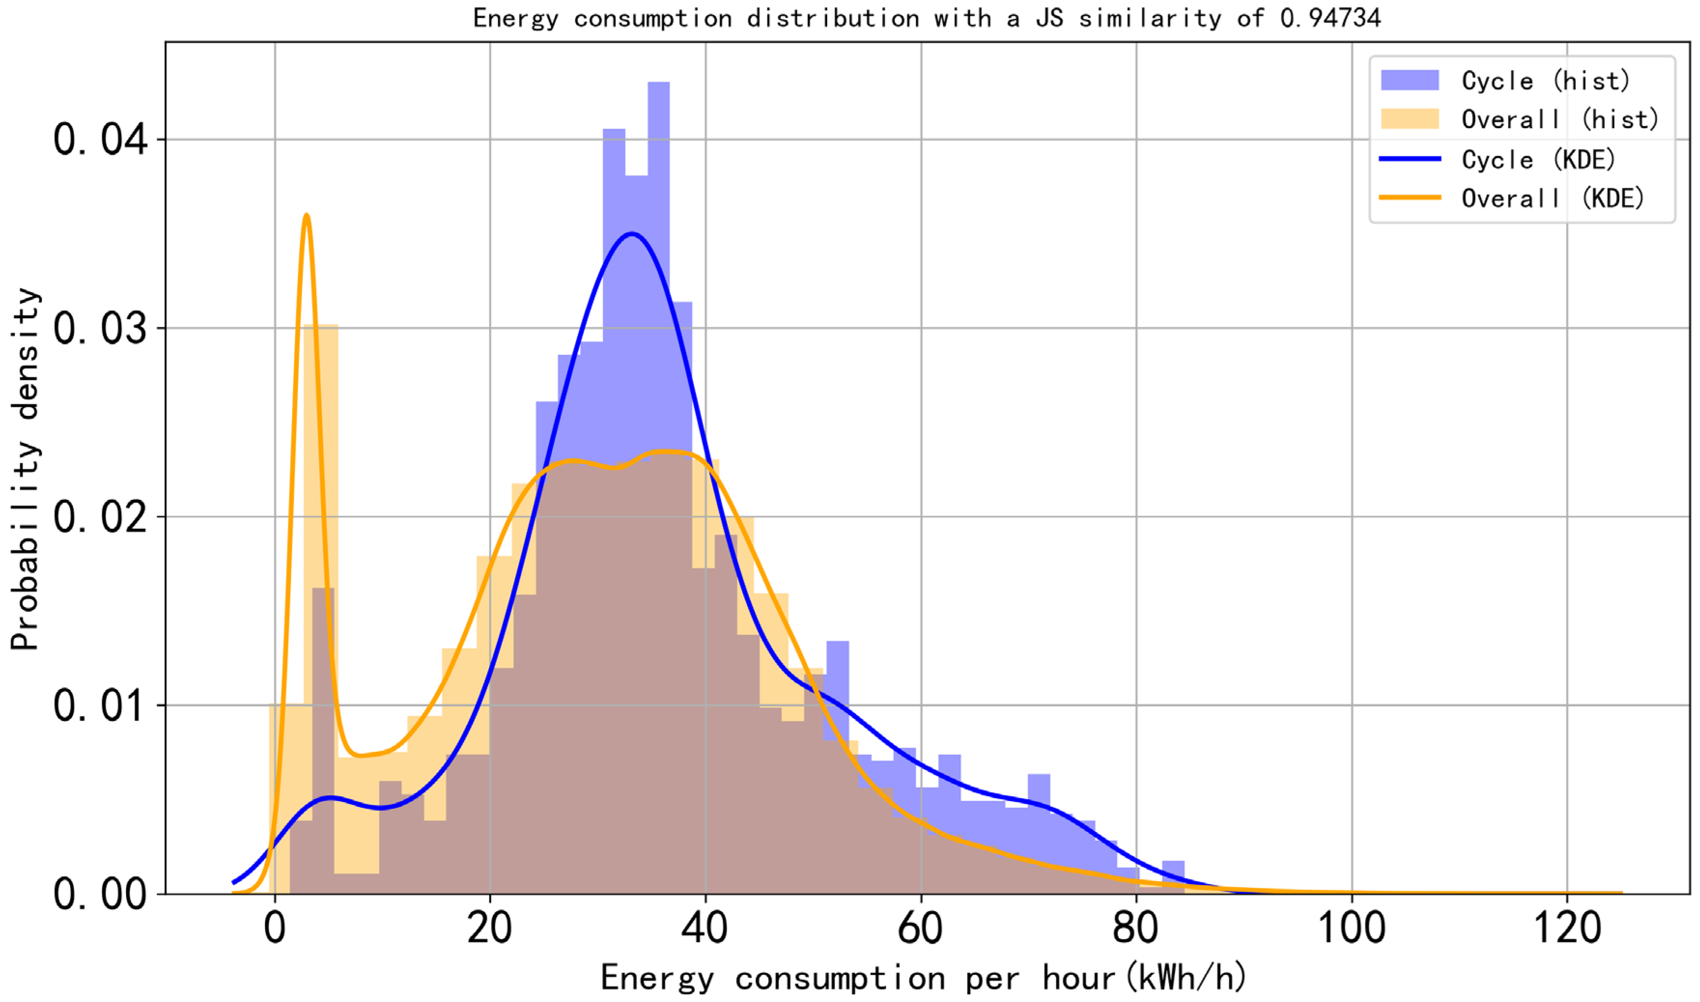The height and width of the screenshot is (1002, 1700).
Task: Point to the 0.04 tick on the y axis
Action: tap(100, 140)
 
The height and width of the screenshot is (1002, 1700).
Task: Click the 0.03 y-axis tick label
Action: tap(100, 329)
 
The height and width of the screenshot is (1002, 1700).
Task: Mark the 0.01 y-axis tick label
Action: tap(100, 706)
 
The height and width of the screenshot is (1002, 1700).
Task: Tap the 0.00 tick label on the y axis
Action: tap(100, 895)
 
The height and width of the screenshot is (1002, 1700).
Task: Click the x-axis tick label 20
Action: tap(490, 929)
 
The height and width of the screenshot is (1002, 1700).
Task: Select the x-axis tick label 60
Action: tap(920, 929)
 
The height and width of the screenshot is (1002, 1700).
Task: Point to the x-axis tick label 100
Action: tap(1351, 929)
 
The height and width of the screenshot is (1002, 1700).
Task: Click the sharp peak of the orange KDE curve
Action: tap(307, 216)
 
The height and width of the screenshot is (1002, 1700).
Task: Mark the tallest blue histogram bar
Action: tap(658, 270)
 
